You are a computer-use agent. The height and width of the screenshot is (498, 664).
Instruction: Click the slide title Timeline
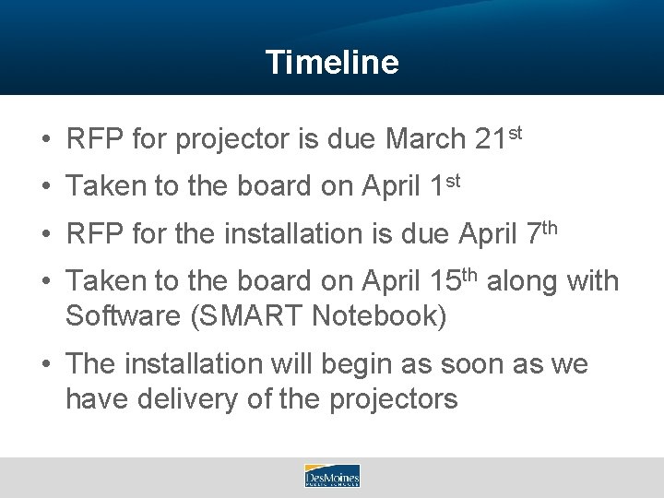(x=332, y=62)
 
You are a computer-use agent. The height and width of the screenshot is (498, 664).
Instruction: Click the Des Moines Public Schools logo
(x=332, y=476)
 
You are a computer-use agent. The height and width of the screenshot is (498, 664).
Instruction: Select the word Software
(x=122, y=315)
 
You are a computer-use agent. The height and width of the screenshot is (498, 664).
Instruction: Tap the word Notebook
(x=377, y=315)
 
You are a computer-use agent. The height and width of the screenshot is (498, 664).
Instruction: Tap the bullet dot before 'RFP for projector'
(x=44, y=141)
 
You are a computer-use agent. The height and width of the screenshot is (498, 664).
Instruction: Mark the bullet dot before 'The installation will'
(x=44, y=365)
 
